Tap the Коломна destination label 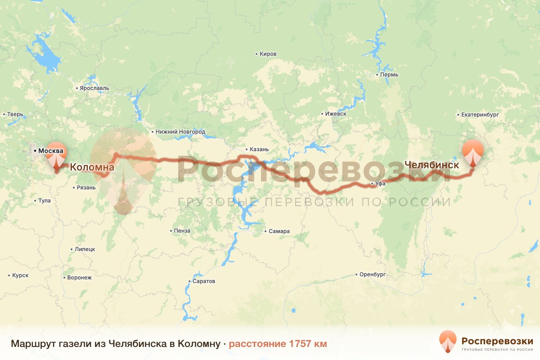pos(92,168)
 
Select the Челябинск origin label pos(432,165)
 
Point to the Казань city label pos(259,149)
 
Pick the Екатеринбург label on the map pos(480,115)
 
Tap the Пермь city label pos(389,74)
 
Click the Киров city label pos(268,54)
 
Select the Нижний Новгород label pos(180,132)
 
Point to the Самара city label pos(279,231)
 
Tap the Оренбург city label pos(373,274)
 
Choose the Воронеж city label pos(79,278)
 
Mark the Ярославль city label pos(94,88)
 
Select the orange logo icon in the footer pos(448,342)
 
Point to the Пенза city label pos(182,231)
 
